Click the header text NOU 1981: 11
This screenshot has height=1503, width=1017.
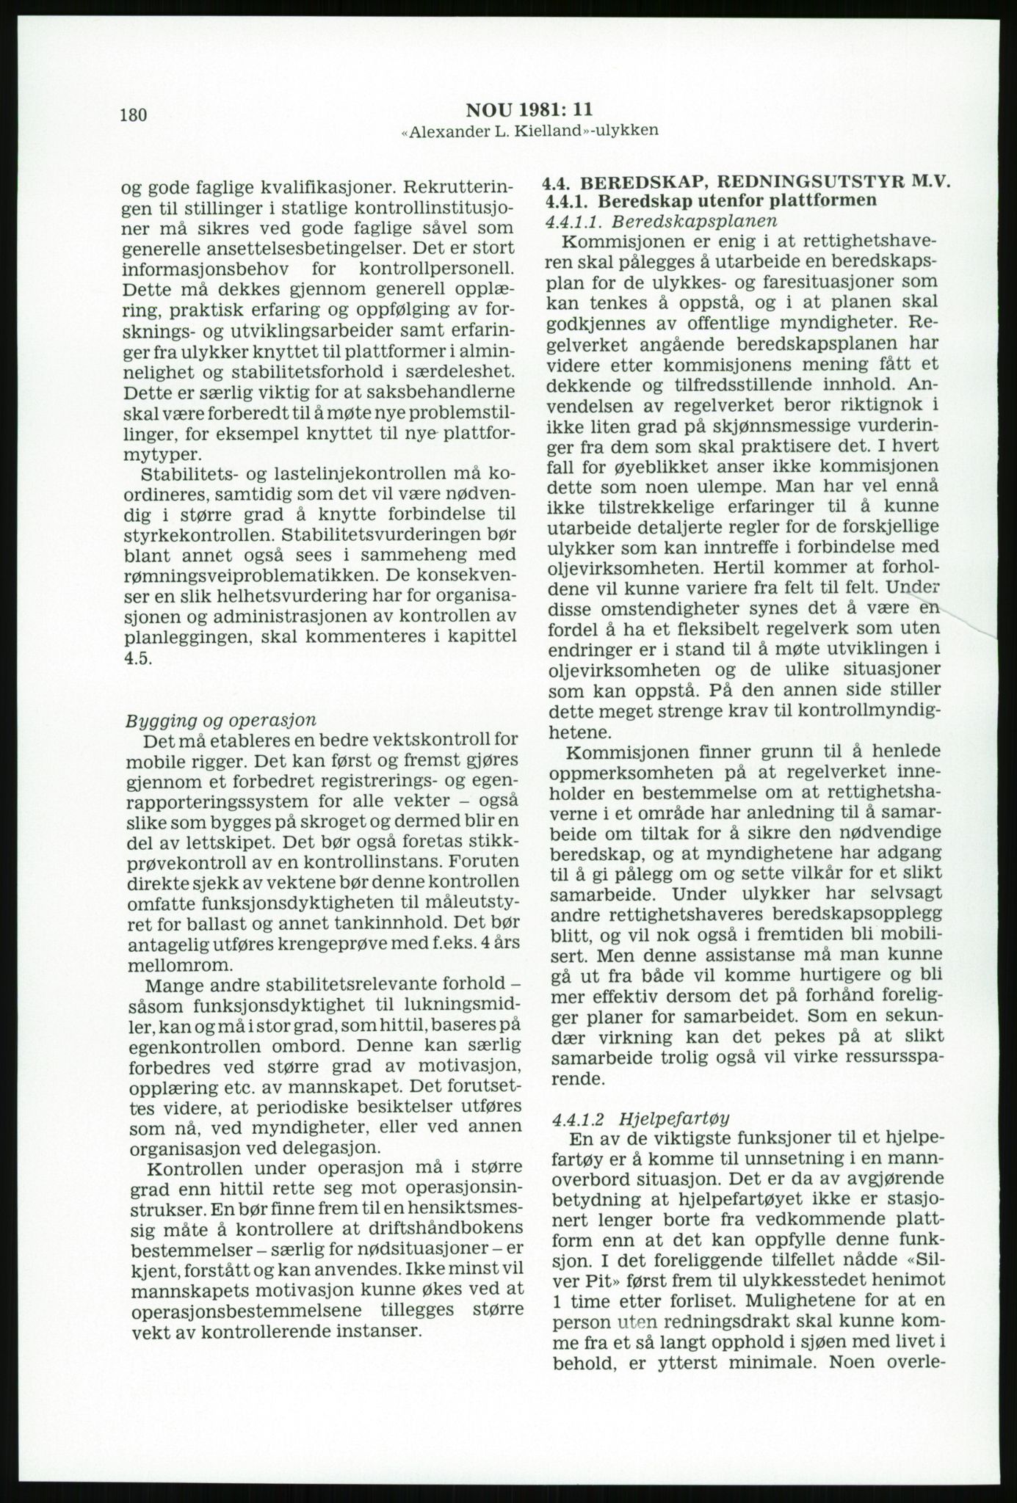529,110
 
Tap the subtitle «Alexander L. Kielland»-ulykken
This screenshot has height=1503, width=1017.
529,131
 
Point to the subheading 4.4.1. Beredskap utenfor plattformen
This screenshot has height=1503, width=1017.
711,201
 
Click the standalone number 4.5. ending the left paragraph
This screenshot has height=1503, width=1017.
139,658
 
